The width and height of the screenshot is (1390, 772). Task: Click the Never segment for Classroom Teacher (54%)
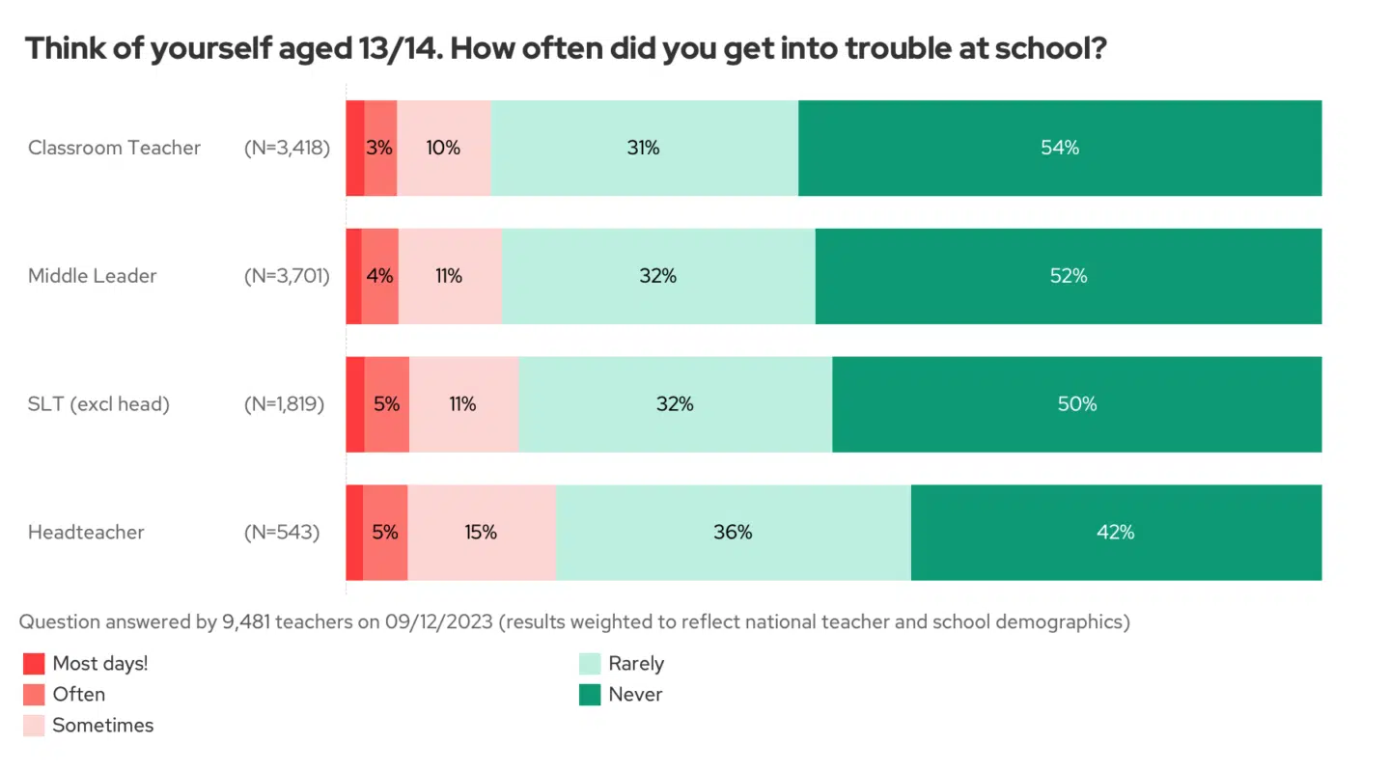pos(1059,148)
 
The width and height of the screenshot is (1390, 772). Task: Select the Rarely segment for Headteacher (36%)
pos(733,532)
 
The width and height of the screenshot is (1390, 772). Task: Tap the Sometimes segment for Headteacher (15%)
pos(481,532)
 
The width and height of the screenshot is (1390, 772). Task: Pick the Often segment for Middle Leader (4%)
pos(380,276)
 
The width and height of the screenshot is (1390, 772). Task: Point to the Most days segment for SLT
pos(354,404)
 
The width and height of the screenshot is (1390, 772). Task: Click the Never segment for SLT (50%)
pos(1076,404)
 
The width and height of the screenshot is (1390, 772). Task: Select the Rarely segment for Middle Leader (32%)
pos(657,276)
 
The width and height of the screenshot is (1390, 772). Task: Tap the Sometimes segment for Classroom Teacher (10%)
pos(444,148)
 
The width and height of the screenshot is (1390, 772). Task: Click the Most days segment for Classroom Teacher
pos(354,148)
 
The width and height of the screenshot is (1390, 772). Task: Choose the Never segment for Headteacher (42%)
pos(1115,532)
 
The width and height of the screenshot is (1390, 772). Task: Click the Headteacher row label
pos(86,532)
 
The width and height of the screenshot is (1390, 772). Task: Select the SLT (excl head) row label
pos(98,404)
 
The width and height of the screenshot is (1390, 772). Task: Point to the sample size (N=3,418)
pos(287,148)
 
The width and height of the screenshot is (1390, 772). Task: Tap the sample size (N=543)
pos(281,532)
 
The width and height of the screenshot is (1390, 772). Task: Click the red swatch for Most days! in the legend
pos(34,664)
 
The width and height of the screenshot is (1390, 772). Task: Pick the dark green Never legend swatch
pos(590,695)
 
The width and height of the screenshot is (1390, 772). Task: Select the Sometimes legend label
pos(102,726)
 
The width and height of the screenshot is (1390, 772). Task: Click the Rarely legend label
pos(636,664)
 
